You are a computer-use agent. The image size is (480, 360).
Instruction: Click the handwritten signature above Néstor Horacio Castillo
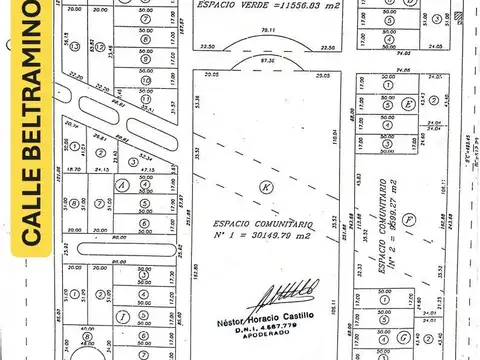pos(287,298)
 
